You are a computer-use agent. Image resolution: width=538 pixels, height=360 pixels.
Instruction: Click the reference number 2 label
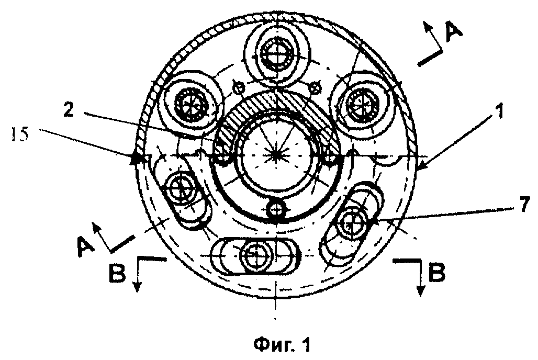69,111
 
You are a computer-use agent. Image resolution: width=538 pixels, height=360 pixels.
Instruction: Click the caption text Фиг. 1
283,344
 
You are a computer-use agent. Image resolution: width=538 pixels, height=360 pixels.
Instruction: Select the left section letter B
117,273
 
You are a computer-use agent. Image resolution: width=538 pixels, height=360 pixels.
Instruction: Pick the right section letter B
437,273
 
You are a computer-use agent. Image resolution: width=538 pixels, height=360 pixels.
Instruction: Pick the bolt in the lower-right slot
350,224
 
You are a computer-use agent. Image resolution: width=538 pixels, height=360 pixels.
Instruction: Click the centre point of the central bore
276,155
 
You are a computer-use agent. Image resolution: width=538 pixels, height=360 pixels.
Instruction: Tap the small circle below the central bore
276,208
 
